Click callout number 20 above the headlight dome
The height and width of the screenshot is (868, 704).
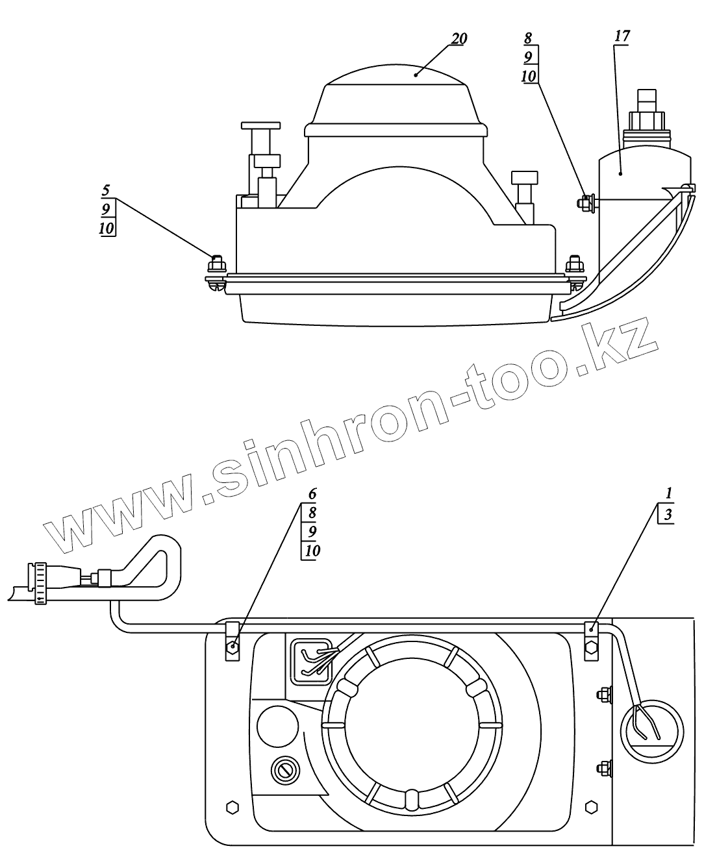459,39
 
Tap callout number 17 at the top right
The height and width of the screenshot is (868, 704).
622,36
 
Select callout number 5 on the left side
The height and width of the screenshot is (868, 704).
106,191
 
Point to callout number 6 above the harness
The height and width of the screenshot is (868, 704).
312,494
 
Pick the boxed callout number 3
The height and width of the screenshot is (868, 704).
668,515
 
